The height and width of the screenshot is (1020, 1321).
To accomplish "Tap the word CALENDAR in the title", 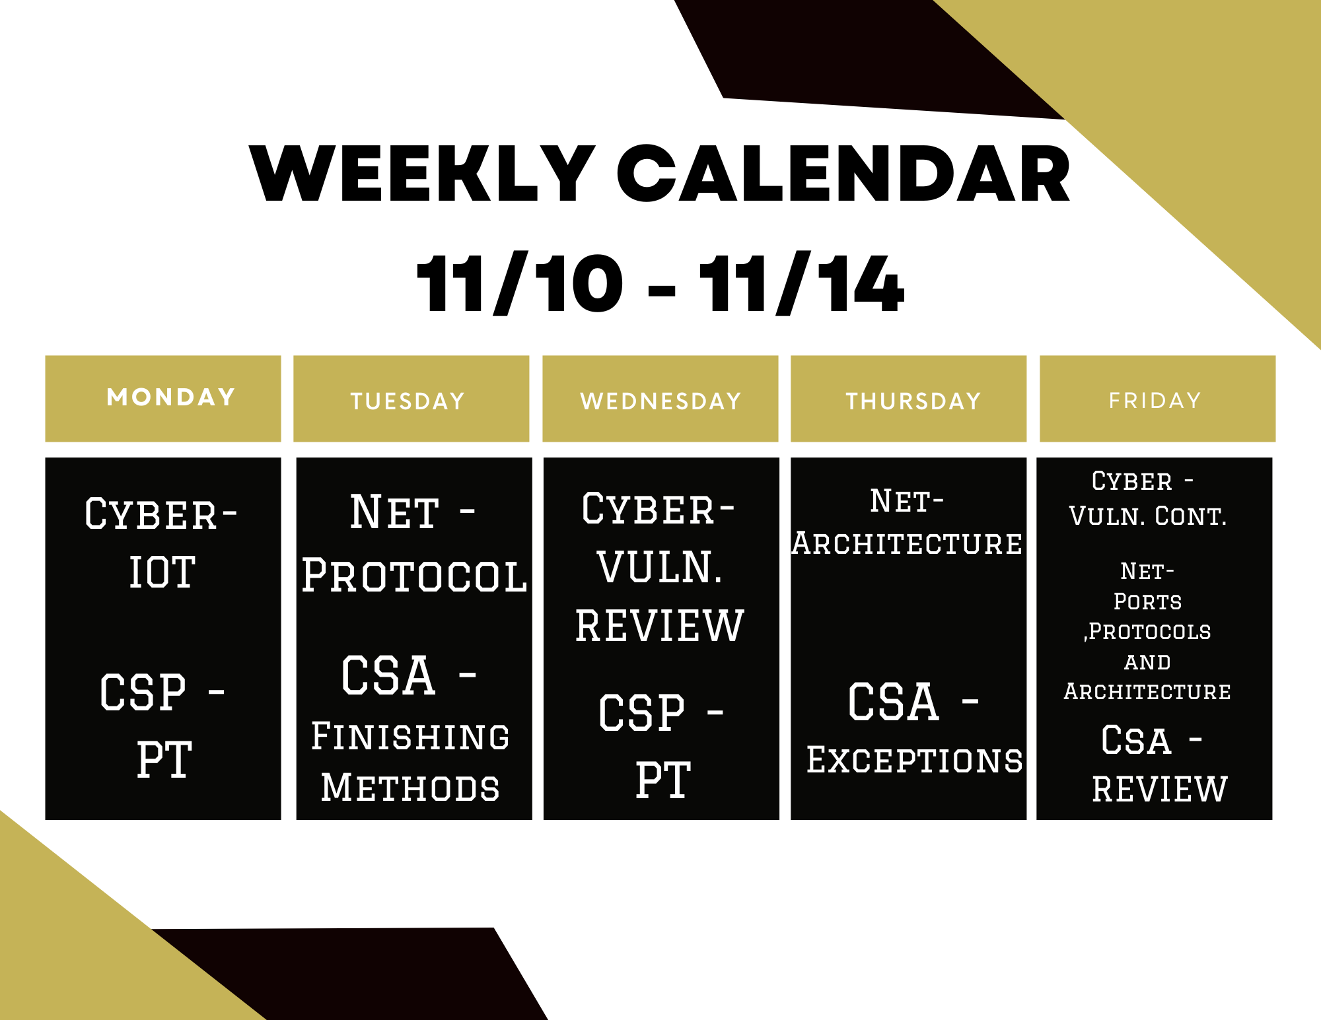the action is pyautogui.click(x=843, y=173).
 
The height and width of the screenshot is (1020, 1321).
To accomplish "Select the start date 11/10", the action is pyautogui.click(x=520, y=283).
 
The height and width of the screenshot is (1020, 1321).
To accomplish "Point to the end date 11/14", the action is pyautogui.click(x=801, y=283).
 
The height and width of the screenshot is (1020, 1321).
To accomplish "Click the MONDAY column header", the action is pyautogui.click(x=171, y=397).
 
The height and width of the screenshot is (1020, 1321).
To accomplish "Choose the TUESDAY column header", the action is pyautogui.click(x=408, y=401).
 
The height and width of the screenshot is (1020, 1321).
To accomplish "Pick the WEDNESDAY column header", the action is pyautogui.click(x=660, y=401).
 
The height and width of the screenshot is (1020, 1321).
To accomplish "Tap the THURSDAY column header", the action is pyautogui.click(x=913, y=401).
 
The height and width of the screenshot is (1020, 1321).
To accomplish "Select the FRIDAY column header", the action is pyautogui.click(x=1155, y=401).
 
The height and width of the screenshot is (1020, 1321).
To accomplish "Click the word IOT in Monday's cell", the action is pyautogui.click(x=162, y=572).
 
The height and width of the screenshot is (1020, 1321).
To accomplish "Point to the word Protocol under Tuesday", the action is pyautogui.click(x=414, y=575).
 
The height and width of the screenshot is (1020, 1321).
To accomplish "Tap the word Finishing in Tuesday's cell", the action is pyautogui.click(x=410, y=736).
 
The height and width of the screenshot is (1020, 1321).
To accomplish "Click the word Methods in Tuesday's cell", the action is pyautogui.click(x=410, y=788).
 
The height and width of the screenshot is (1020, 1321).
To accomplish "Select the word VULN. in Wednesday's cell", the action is pyautogui.click(x=659, y=567).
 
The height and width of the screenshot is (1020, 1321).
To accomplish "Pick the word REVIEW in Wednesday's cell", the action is pyautogui.click(x=660, y=626).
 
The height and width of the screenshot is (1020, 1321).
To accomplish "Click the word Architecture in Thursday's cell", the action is pyautogui.click(x=908, y=543).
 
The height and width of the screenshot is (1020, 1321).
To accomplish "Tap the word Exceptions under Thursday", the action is pyautogui.click(x=915, y=760).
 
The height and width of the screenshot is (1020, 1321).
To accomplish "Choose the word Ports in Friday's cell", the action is pyautogui.click(x=1148, y=601).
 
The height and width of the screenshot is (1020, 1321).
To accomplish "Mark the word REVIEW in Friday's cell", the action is pyautogui.click(x=1160, y=790).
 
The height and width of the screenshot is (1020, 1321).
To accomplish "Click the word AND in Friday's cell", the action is pyautogui.click(x=1148, y=662).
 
